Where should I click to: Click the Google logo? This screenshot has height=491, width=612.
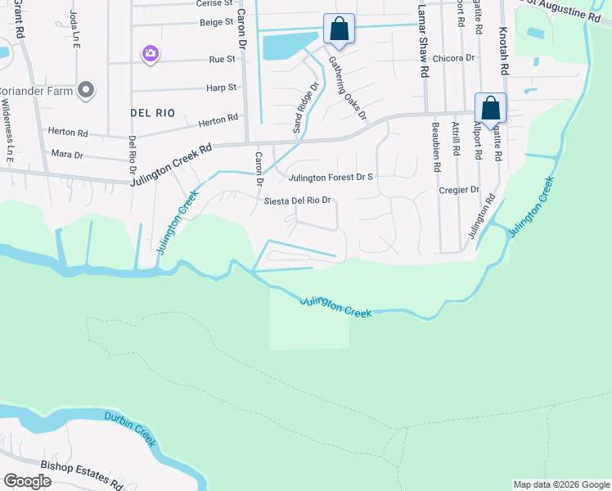click(27, 481)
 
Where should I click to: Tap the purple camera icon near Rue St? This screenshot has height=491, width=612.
click(150, 54)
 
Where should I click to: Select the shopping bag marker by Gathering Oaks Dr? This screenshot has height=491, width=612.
click(339, 29)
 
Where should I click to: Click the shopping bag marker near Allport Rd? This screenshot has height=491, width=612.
click(490, 108)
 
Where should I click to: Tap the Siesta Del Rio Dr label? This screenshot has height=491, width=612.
click(297, 200)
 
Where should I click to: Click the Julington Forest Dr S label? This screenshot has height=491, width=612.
click(329, 177)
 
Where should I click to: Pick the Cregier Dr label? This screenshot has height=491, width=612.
click(458, 190)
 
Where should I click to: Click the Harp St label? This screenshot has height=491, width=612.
click(222, 87)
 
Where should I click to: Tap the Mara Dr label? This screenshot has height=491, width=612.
click(67, 154)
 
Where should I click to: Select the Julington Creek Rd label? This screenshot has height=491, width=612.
click(171, 164)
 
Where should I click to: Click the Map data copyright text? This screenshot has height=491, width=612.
click(560, 484)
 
